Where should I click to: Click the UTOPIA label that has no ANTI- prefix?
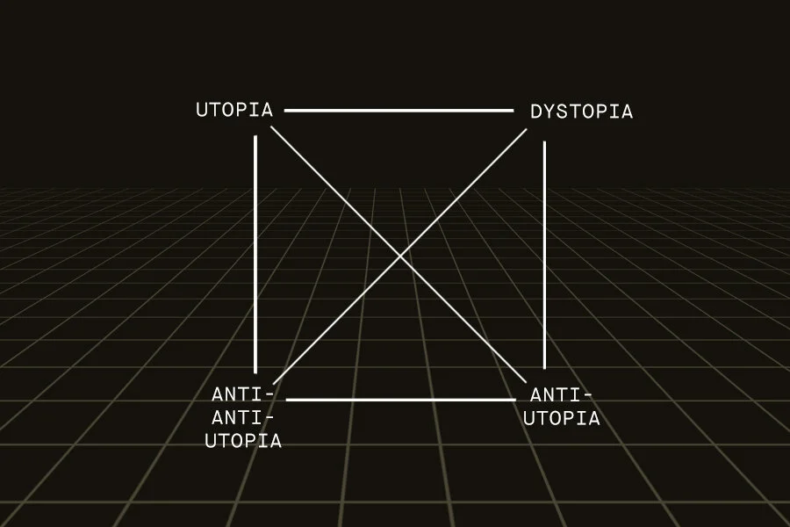(234, 111)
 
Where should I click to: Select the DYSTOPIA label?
(581, 112)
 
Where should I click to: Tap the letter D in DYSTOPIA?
(536, 112)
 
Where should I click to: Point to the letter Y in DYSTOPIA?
(549, 112)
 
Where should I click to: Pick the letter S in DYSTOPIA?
(563, 112)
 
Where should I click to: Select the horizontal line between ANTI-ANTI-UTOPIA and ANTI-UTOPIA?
(400, 400)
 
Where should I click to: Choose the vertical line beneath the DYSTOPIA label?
(544, 255)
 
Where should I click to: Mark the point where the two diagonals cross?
(401, 256)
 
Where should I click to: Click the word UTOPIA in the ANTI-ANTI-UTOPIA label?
(243, 441)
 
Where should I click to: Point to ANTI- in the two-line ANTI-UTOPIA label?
(562, 394)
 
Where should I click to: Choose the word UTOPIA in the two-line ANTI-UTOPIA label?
(562, 418)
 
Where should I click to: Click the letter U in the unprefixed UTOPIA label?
(202, 111)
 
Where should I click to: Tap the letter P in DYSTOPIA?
(601, 112)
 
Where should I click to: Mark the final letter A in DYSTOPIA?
(626, 112)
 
